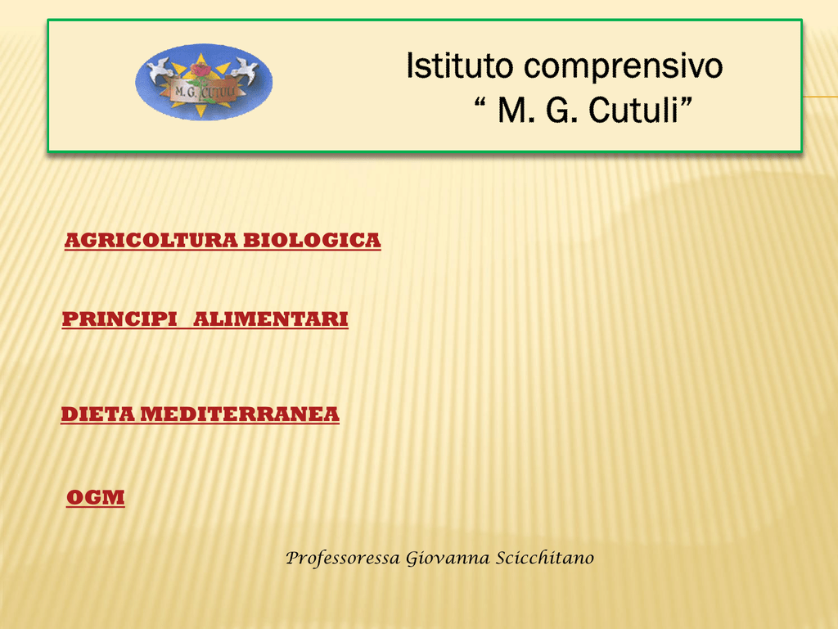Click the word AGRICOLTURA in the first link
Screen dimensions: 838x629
(151, 241)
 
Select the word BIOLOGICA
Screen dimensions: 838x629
(312, 241)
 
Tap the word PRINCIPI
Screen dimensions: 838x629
(119, 319)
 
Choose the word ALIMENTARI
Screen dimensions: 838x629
(270, 319)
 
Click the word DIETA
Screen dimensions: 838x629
(98, 414)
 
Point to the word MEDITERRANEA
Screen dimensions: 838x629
(240, 414)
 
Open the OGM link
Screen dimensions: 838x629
(96, 497)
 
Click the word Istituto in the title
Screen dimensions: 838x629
(460, 66)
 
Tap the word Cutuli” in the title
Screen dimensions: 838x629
(640, 111)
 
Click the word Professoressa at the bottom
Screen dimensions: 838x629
(343, 558)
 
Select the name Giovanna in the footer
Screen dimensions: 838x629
(448, 558)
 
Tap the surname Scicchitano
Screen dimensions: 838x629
(544, 557)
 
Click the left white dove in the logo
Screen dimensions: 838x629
(160, 70)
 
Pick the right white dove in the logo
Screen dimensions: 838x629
(245, 70)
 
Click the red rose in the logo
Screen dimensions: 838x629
(201, 70)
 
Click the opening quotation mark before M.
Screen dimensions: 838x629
(480, 102)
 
